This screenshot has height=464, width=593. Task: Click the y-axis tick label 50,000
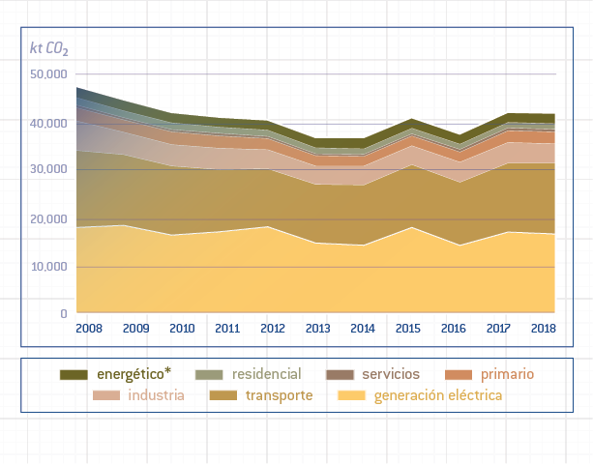pyautogui.click(x=48, y=73)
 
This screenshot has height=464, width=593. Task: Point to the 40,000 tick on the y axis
pyautogui.click(x=48, y=123)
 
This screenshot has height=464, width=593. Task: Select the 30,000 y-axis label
pyautogui.click(x=48, y=169)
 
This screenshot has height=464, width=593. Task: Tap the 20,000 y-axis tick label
pyautogui.click(x=48, y=218)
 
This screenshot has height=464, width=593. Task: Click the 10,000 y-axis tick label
pyautogui.click(x=48, y=266)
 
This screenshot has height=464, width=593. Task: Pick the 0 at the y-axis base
pyautogui.click(x=63, y=314)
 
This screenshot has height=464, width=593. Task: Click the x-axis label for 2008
pyautogui.click(x=89, y=329)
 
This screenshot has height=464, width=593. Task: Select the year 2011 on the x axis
pyautogui.click(x=228, y=329)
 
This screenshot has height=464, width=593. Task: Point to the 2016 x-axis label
pyautogui.click(x=454, y=329)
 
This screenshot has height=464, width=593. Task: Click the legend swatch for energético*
pyautogui.click(x=74, y=374)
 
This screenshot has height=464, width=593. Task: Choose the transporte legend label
pyautogui.click(x=279, y=395)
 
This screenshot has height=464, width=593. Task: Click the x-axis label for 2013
pyautogui.click(x=317, y=329)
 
